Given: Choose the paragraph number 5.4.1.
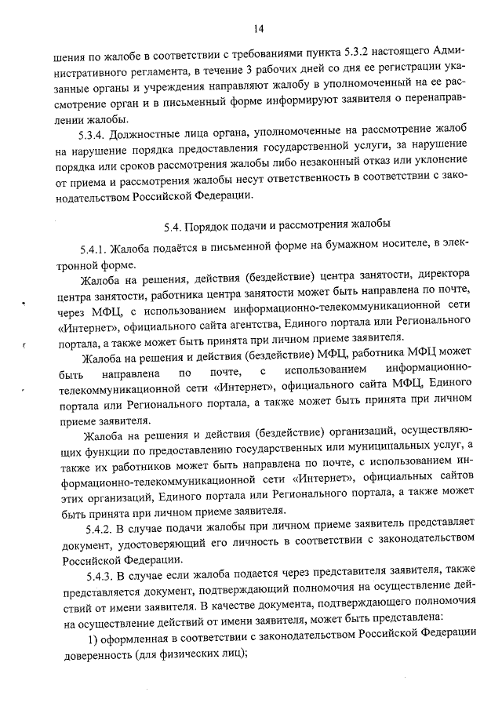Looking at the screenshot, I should (x=94, y=249).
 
